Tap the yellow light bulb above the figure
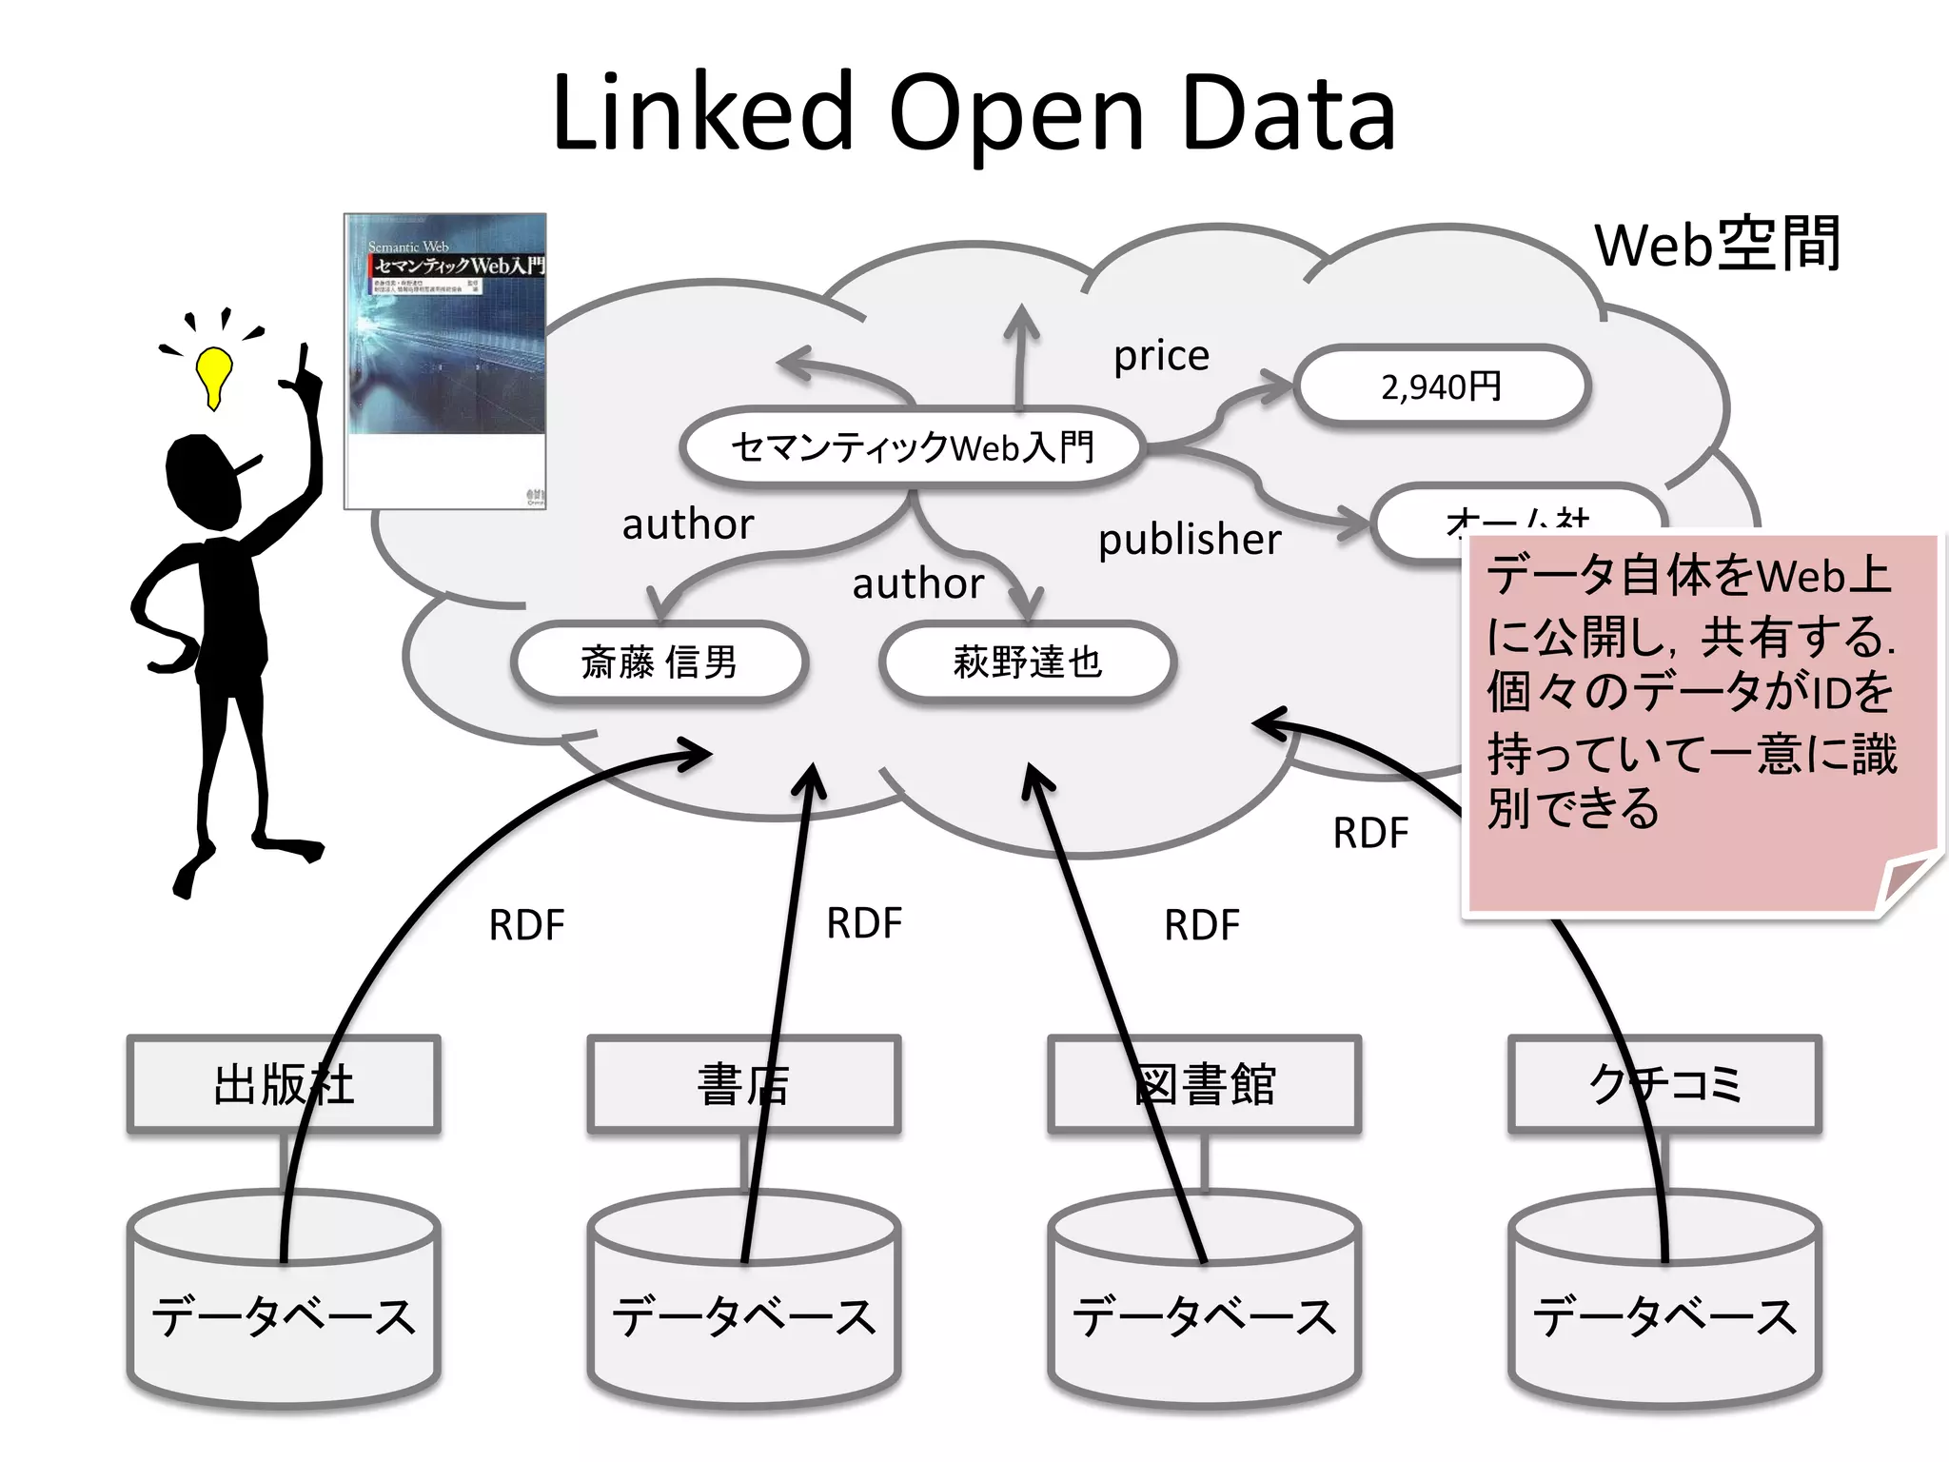click(x=214, y=374)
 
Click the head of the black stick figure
click(x=203, y=481)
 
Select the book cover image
click(x=445, y=362)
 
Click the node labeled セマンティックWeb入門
click(x=912, y=447)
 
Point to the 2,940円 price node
click(x=1441, y=386)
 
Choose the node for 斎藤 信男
click(x=659, y=662)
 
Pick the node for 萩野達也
click(x=1028, y=662)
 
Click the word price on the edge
click(x=1161, y=356)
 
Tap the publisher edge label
click(x=1190, y=540)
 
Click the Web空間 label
click(x=1718, y=246)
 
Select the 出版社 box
click(x=284, y=1084)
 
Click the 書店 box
click(x=743, y=1084)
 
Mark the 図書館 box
click(x=1204, y=1084)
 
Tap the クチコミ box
click(x=1664, y=1084)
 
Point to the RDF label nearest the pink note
click(x=1370, y=833)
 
